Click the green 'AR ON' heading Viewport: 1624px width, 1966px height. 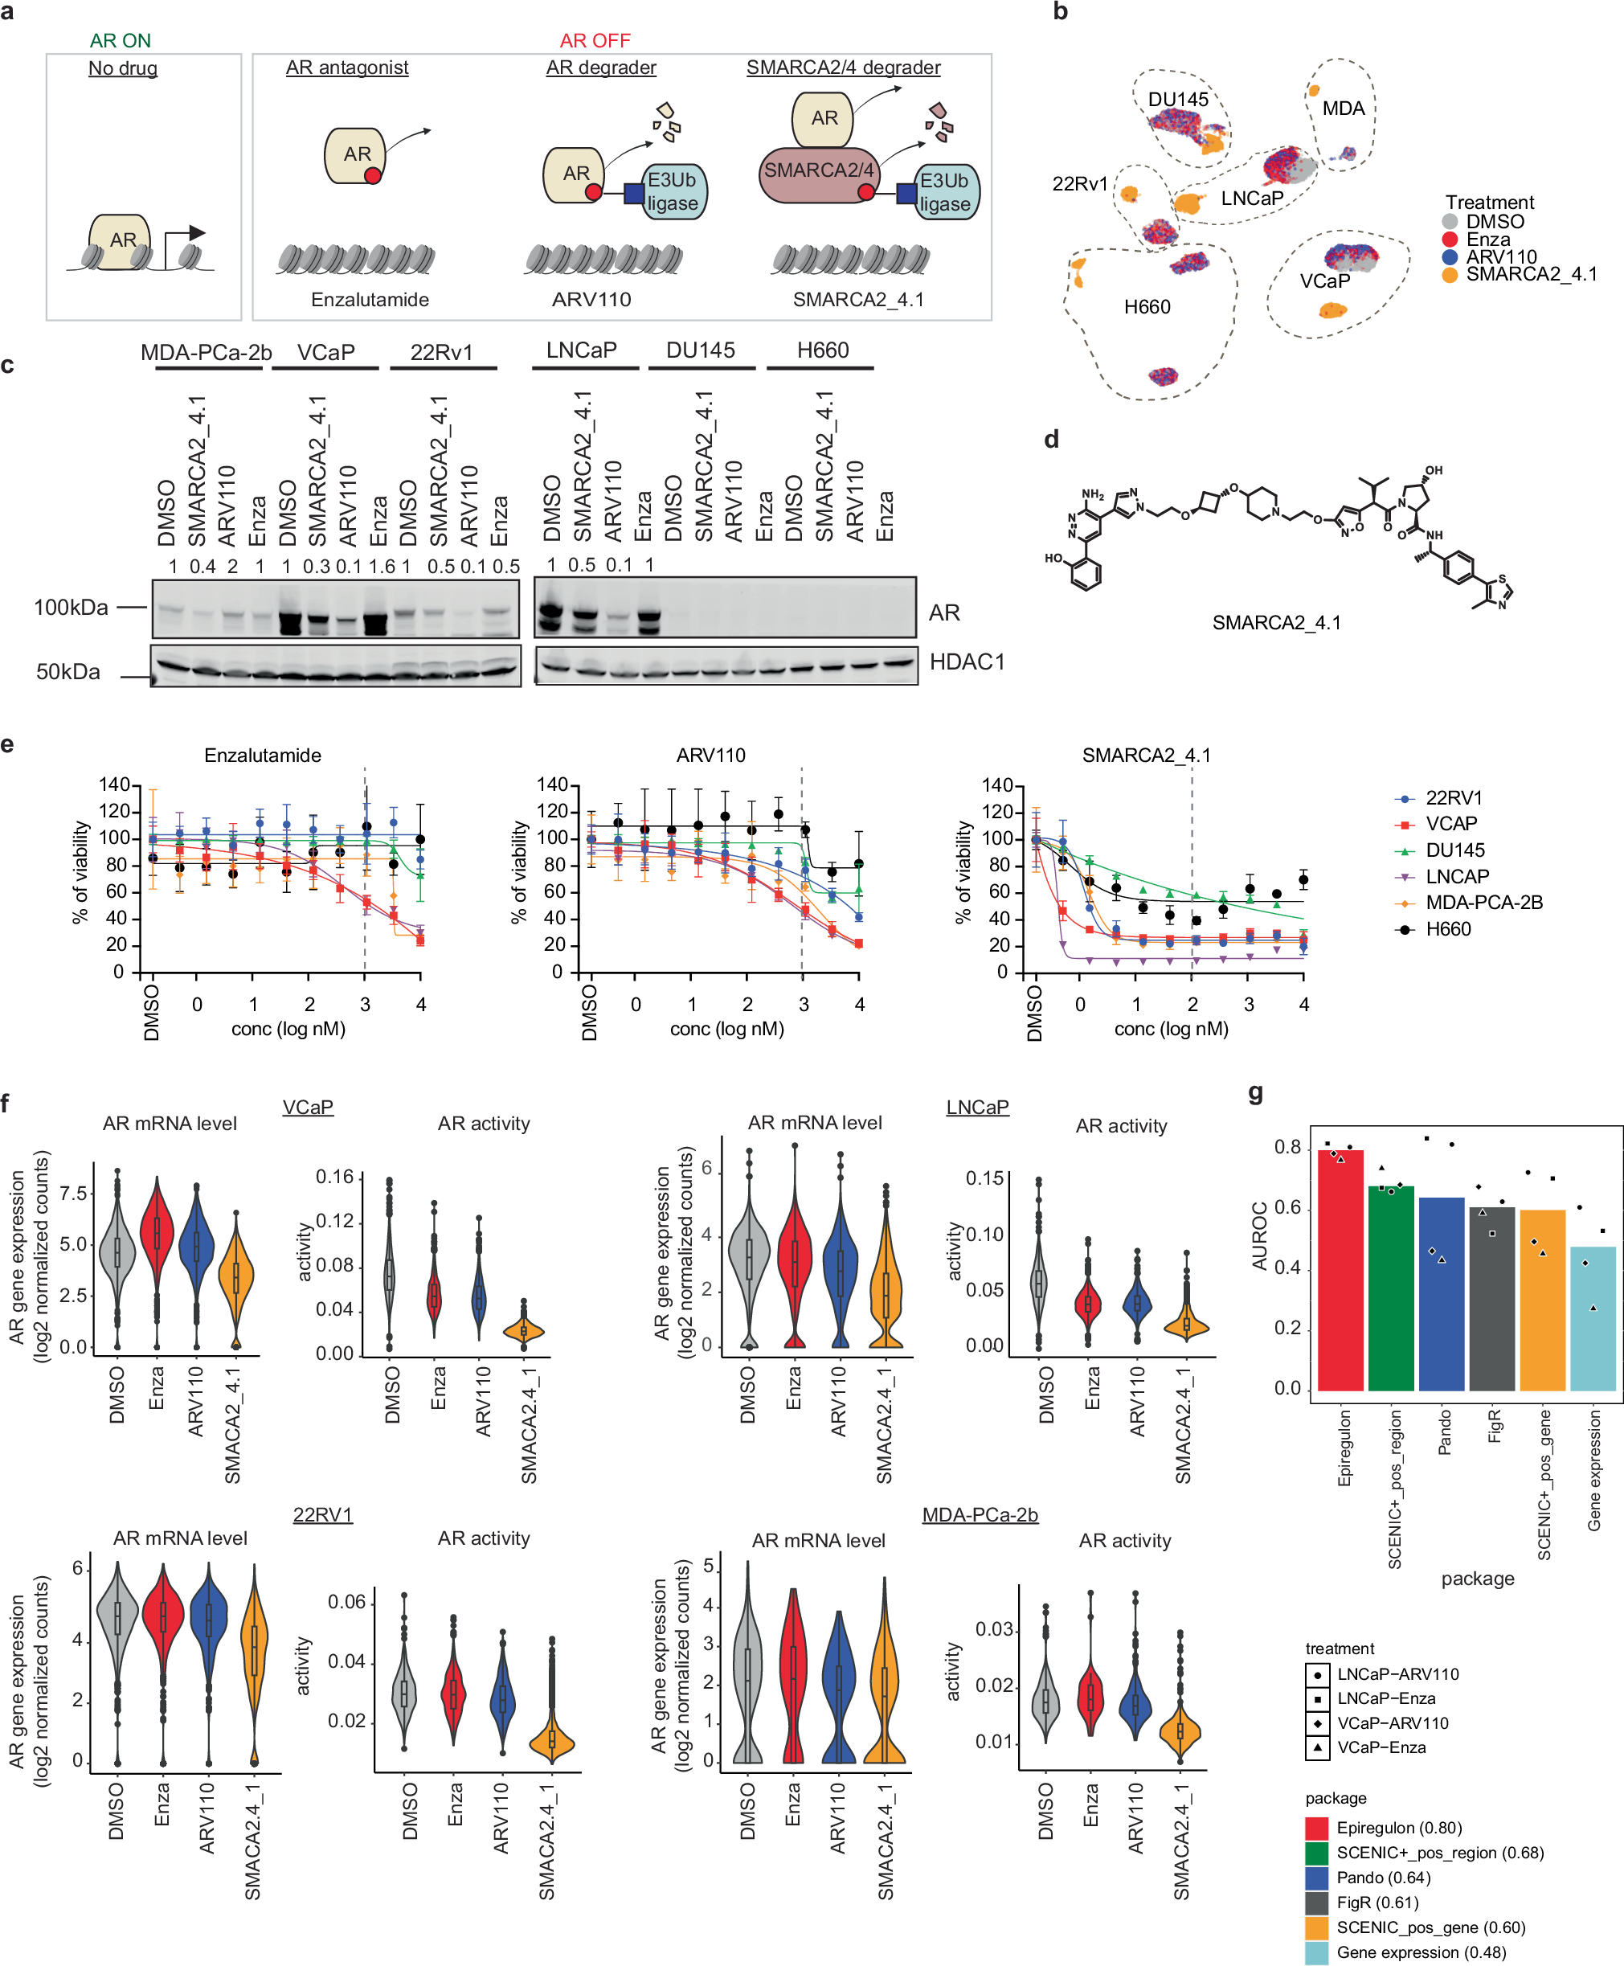click(x=120, y=40)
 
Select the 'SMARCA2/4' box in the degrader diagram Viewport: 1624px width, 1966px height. click(x=819, y=171)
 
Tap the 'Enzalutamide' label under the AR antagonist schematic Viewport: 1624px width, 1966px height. click(x=370, y=300)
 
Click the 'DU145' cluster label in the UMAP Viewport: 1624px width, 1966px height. click(x=1178, y=99)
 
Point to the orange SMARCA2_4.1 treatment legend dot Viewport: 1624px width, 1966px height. click(x=1449, y=275)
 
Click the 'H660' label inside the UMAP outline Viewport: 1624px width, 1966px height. click(x=1147, y=307)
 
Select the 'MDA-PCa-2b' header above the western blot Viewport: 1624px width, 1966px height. click(x=206, y=353)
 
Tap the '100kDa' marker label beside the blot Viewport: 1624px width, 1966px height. click(x=71, y=608)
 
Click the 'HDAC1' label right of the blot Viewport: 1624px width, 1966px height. click(x=967, y=661)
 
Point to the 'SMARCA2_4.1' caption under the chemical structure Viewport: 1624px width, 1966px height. click(x=1276, y=622)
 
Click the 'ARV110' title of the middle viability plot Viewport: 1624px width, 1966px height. click(x=711, y=756)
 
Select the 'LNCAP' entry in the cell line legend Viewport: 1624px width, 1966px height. click(x=1457, y=876)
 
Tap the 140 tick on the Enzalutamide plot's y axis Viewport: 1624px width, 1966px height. click(x=114, y=784)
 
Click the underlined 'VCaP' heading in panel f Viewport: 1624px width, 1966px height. click(x=308, y=1107)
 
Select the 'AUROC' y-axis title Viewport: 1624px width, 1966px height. click(x=1260, y=1235)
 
